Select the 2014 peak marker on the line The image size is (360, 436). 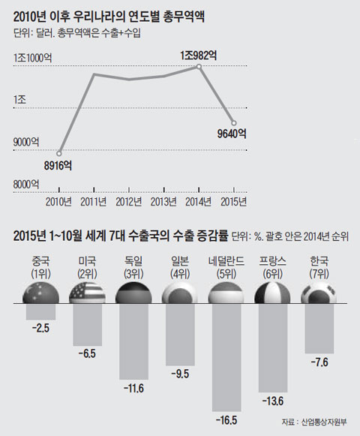tap(199, 67)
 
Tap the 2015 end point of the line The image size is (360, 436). tap(234, 123)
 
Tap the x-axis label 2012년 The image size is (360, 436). tap(128, 200)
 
